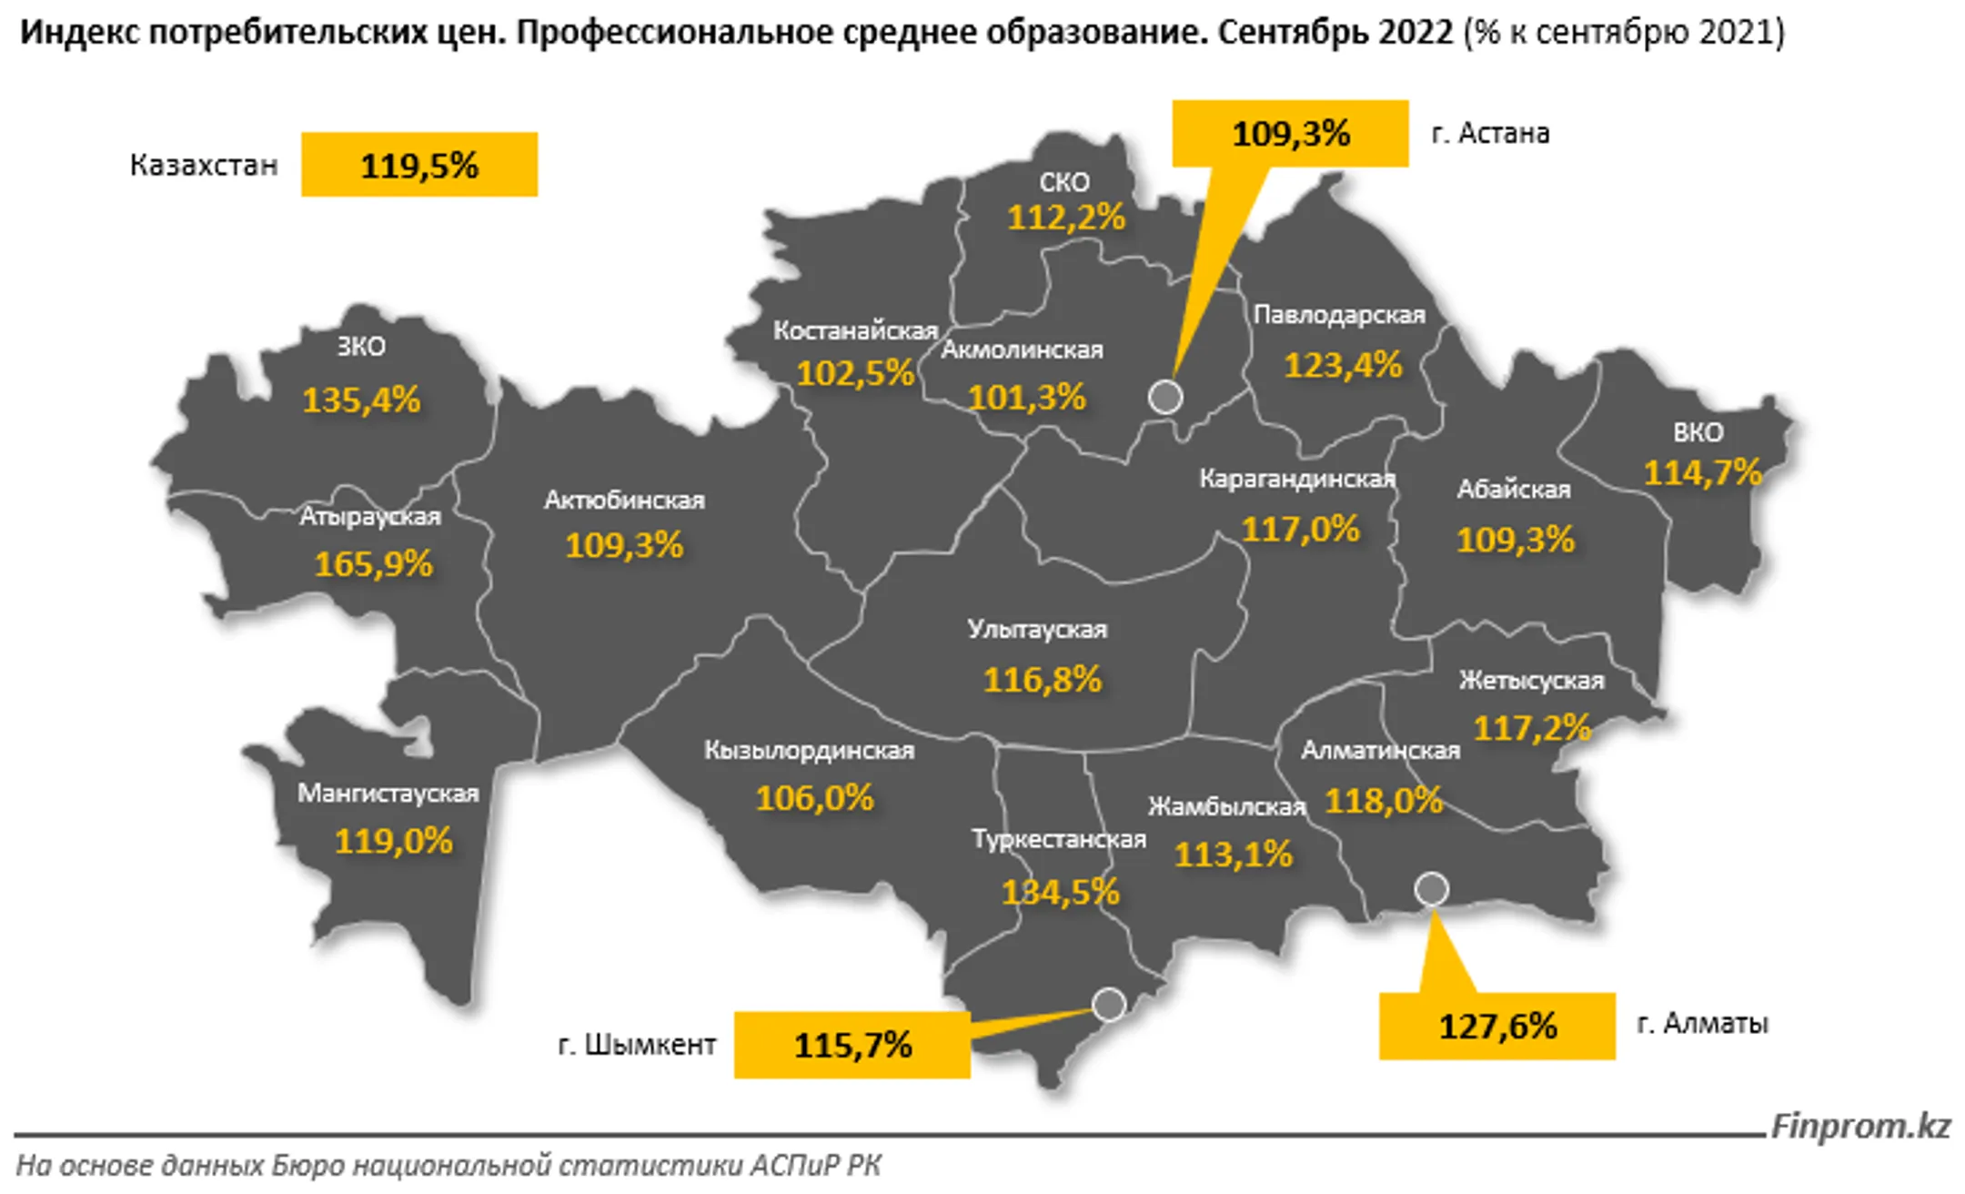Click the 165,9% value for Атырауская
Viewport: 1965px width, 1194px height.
373,564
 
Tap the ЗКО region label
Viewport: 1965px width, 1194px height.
361,347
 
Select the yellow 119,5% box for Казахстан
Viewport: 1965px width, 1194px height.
419,165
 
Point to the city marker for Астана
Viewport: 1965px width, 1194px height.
1165,397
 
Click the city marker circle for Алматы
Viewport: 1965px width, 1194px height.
1431,888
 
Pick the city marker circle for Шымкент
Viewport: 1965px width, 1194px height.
1109,1004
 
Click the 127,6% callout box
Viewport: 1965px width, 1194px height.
1496,1027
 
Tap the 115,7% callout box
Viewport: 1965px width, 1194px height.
851,1045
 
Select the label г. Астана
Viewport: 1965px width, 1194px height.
1490,133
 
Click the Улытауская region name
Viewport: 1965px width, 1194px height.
1037,629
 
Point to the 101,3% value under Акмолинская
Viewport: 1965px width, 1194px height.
1026,398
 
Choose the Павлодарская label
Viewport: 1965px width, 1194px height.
1339,315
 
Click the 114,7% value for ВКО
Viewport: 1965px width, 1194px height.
1702,472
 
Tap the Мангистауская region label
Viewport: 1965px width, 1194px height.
388,794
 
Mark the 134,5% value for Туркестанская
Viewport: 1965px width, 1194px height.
1060,892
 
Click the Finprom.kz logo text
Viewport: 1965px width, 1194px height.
1860,1127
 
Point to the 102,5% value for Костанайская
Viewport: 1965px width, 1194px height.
855,373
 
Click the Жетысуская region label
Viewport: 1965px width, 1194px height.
1531,681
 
